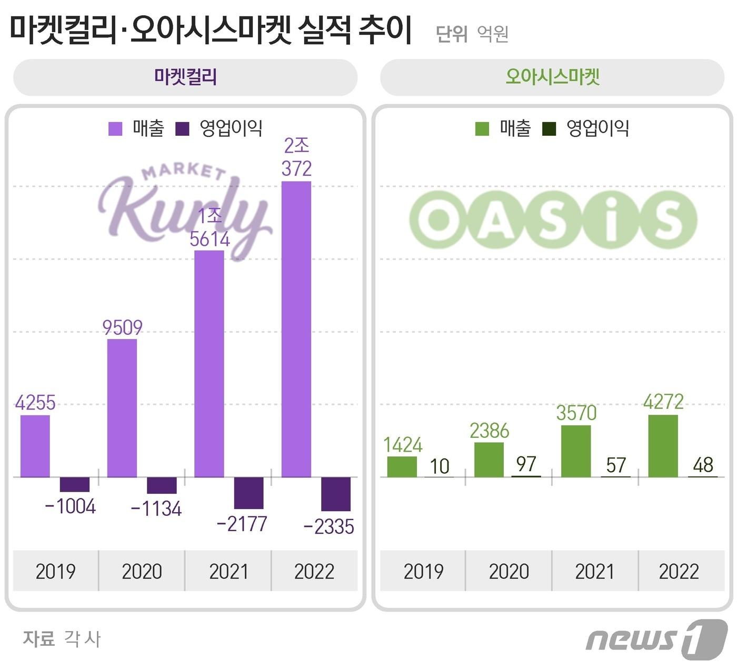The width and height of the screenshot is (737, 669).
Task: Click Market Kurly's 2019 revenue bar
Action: pyautogui.click(x=35, y=446)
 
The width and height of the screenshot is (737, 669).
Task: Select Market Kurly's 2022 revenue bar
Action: pyautogui.click(x=296, y=329)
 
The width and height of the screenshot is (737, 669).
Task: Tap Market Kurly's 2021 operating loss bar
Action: pyautogui.click(x=248, y=493)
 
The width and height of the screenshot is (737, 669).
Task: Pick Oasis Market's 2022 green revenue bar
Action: pyautogui.click(x=663, y=446)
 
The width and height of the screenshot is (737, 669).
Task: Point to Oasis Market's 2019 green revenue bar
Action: pyautogui.click(x=402, y=466)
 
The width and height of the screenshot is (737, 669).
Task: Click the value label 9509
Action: pyautogui.click(x=122, y=327)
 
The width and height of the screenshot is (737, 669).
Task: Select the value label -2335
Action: pyautogui.click(x=329, y=526)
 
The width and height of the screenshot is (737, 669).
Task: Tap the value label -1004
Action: pyautogui.click(x=71, y=506)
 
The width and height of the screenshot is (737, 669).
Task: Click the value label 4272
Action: pyautogui.click(x=663, y=402)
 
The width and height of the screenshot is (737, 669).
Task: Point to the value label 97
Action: pyautogui.click(x=526, y=464)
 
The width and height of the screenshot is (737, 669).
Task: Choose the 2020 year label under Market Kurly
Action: pyautogui.click(x=142, y=571)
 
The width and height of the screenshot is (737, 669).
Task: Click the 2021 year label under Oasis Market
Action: pyautogui.click(x=594, y=571)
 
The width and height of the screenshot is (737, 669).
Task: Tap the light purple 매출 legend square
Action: pyautogui.click(x=115, y=128)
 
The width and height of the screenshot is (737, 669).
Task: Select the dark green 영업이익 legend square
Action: pyautogui.click(x=549, y=128)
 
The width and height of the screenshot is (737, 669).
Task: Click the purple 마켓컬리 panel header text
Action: pyautogui.click(x=185, y=77)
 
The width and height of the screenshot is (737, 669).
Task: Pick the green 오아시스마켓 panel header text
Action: pyautogui.click(x=553, y=77)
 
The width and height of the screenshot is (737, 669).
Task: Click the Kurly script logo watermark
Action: pyautogui.click(x=184, y=208)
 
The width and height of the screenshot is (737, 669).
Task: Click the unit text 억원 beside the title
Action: pyautogui.click(x=493, y=34)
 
